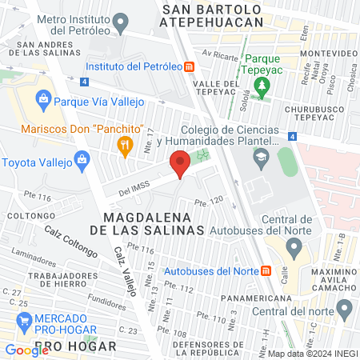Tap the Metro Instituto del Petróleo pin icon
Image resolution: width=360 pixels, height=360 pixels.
point(121,22)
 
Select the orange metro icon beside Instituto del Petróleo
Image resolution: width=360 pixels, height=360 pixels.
point(189,67)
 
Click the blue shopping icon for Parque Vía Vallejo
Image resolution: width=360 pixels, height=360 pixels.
point(44,101)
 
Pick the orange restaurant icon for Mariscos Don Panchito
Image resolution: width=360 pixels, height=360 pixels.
point(124,145)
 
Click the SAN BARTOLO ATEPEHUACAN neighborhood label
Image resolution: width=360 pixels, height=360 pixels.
point(212,15)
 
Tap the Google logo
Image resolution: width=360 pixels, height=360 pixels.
point(26,350)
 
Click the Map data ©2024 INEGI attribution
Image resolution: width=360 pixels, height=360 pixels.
point(311,354)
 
